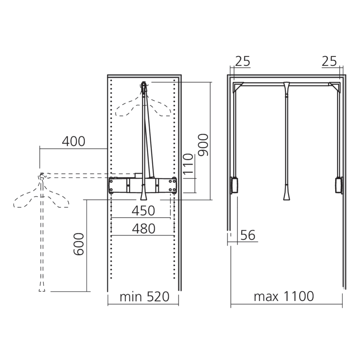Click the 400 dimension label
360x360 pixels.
(73, 141)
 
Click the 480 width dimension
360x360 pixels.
(143, 229)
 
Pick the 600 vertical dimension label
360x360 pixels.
(79, 244)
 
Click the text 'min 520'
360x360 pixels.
(144, 297)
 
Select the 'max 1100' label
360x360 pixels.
(284, 297)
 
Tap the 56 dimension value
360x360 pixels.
(247, 235)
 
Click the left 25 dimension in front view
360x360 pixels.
(242, 62)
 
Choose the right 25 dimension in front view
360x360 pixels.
(329, 62)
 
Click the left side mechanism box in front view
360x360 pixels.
(234, 185)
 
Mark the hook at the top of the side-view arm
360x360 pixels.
(144, 85)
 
